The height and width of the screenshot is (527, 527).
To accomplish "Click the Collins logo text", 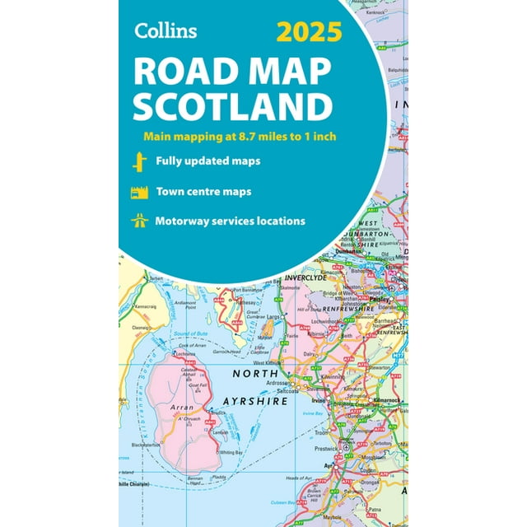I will point(166,32).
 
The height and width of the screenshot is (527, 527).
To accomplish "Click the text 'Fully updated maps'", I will point(208,161).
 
